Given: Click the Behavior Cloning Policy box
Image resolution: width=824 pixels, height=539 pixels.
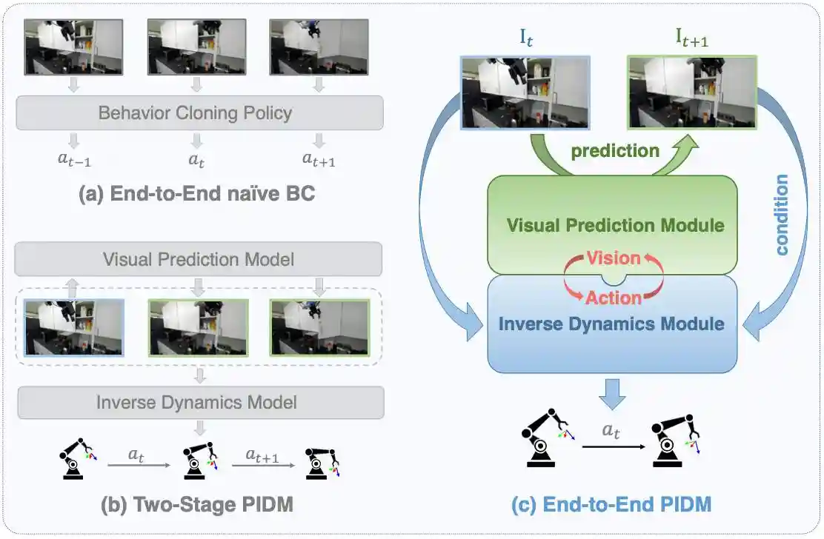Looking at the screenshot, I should point(199,113).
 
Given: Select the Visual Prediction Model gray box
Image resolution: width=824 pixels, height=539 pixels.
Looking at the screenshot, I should point(199,259).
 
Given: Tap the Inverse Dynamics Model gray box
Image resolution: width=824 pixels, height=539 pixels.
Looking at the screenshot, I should point(199,402).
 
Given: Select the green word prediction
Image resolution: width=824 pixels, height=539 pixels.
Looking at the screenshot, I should point(615,150).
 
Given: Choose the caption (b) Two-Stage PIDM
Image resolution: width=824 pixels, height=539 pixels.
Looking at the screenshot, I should point(196,505).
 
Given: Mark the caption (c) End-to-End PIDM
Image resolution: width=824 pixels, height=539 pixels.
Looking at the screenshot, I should point(611,505).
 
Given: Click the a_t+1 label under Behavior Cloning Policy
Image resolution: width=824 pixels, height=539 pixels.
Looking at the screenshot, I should point(319,158).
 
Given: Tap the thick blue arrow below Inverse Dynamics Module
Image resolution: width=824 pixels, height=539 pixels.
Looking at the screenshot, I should point(611,390).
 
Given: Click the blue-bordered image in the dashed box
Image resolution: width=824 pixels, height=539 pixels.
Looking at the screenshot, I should point(74,327).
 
